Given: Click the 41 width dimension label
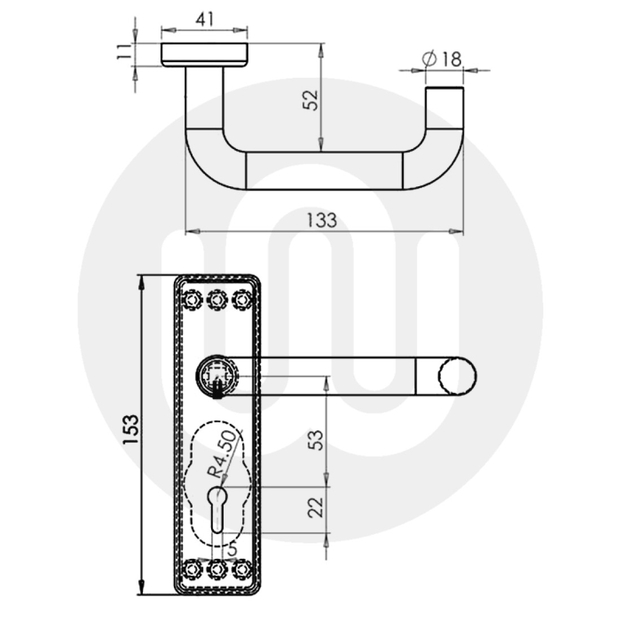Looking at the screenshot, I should [x=204, y=19].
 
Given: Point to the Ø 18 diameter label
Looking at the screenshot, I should [x=442, y=59].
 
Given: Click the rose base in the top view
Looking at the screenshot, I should [x=204, y=54].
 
